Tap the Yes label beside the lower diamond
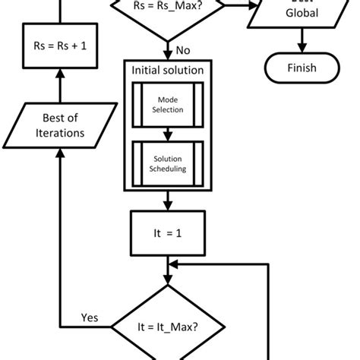(x=90, y=317)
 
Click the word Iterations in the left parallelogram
(x=61, y=134)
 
